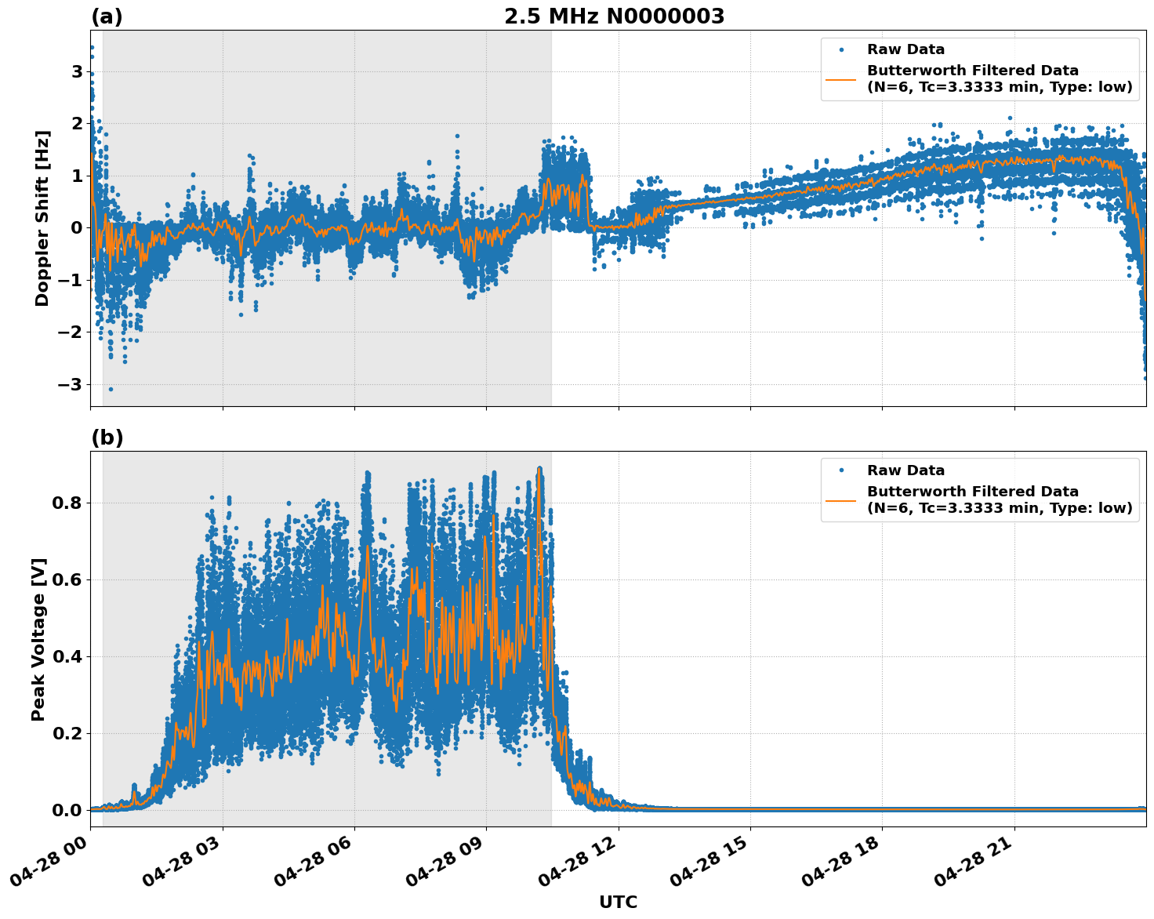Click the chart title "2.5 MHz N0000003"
pos(614,16)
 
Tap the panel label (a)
pos(107,16)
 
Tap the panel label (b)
pos(107,438)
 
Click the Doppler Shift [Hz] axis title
pos(42,218)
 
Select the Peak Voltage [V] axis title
pos(38,639)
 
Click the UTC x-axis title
pos(618,903)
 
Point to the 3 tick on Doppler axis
pos(77,71)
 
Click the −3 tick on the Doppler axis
pos(71,384)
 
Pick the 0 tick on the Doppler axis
pos(77,228)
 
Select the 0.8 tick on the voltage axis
pos(67,503)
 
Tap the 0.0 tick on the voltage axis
pos(67,810)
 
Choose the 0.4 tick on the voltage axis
pos(67,656)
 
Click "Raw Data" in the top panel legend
pos(905,50)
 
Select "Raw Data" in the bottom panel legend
pos(905,470)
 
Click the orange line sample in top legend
pos(841,78)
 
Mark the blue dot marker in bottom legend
pos(841,470)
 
